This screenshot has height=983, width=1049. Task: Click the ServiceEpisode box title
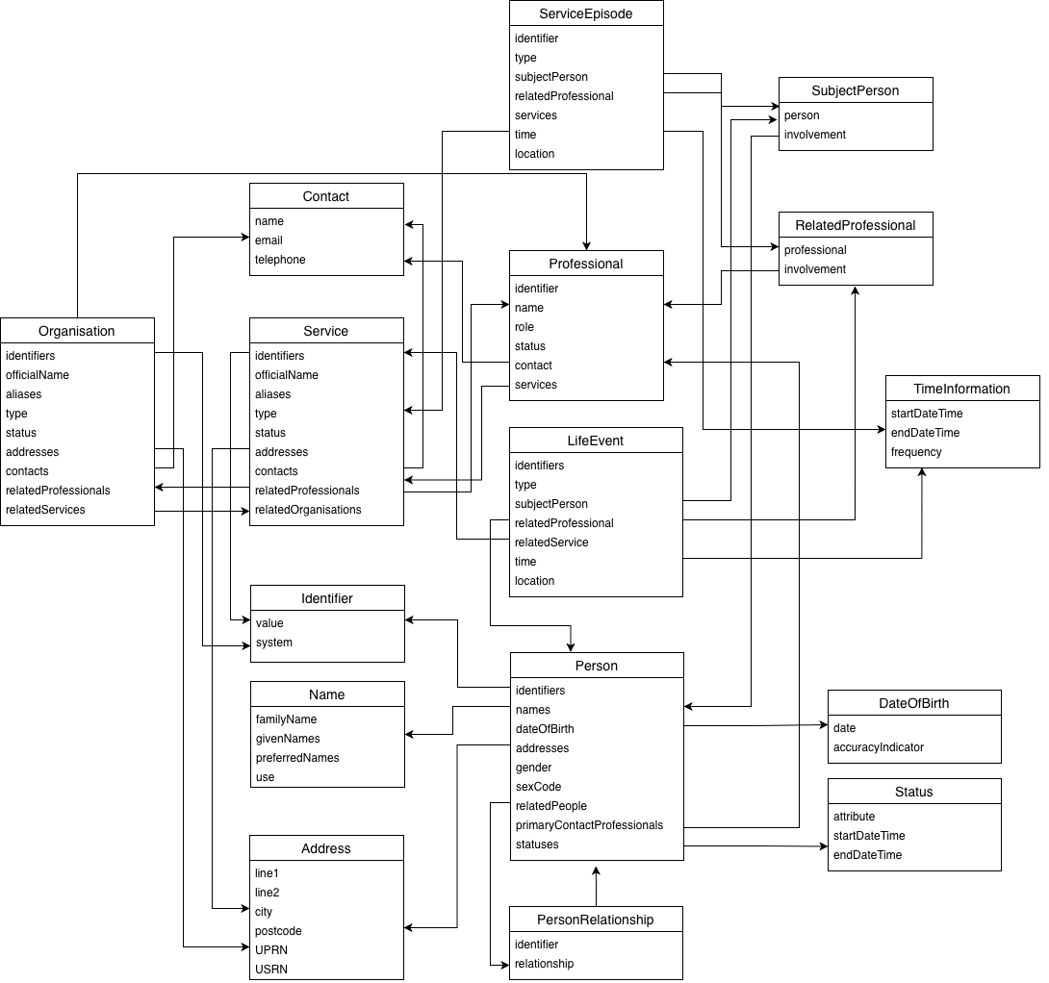(586, 13)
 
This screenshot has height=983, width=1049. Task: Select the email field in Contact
(269, 240)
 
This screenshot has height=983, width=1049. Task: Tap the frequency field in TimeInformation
(916, 452)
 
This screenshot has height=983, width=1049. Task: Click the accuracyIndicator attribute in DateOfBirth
(879, 747)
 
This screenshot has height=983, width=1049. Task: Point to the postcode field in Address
(278, 931)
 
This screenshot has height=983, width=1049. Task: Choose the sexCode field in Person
(538, 787)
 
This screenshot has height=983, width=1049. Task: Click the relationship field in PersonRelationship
(544, 964)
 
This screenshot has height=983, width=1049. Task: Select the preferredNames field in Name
(297, 758)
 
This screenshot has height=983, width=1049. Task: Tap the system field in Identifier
(274, 643)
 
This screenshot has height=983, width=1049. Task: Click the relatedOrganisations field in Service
(308, 510)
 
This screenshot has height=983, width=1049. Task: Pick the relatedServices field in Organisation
(45, 510)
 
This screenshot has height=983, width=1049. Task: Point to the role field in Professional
(524, 327)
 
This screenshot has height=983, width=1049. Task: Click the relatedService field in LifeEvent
(551, 542)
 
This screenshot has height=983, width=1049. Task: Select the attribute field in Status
(855, 817)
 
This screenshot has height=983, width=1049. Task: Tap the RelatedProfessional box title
(856, 225)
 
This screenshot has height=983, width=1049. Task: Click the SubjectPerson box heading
(856, 90)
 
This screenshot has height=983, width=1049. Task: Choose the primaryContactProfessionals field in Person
(589, 825)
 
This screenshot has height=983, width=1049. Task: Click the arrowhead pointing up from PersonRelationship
(596, 870)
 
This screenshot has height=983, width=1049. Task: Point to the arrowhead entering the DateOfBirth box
(823, 725)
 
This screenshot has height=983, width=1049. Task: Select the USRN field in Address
(271, 970)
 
